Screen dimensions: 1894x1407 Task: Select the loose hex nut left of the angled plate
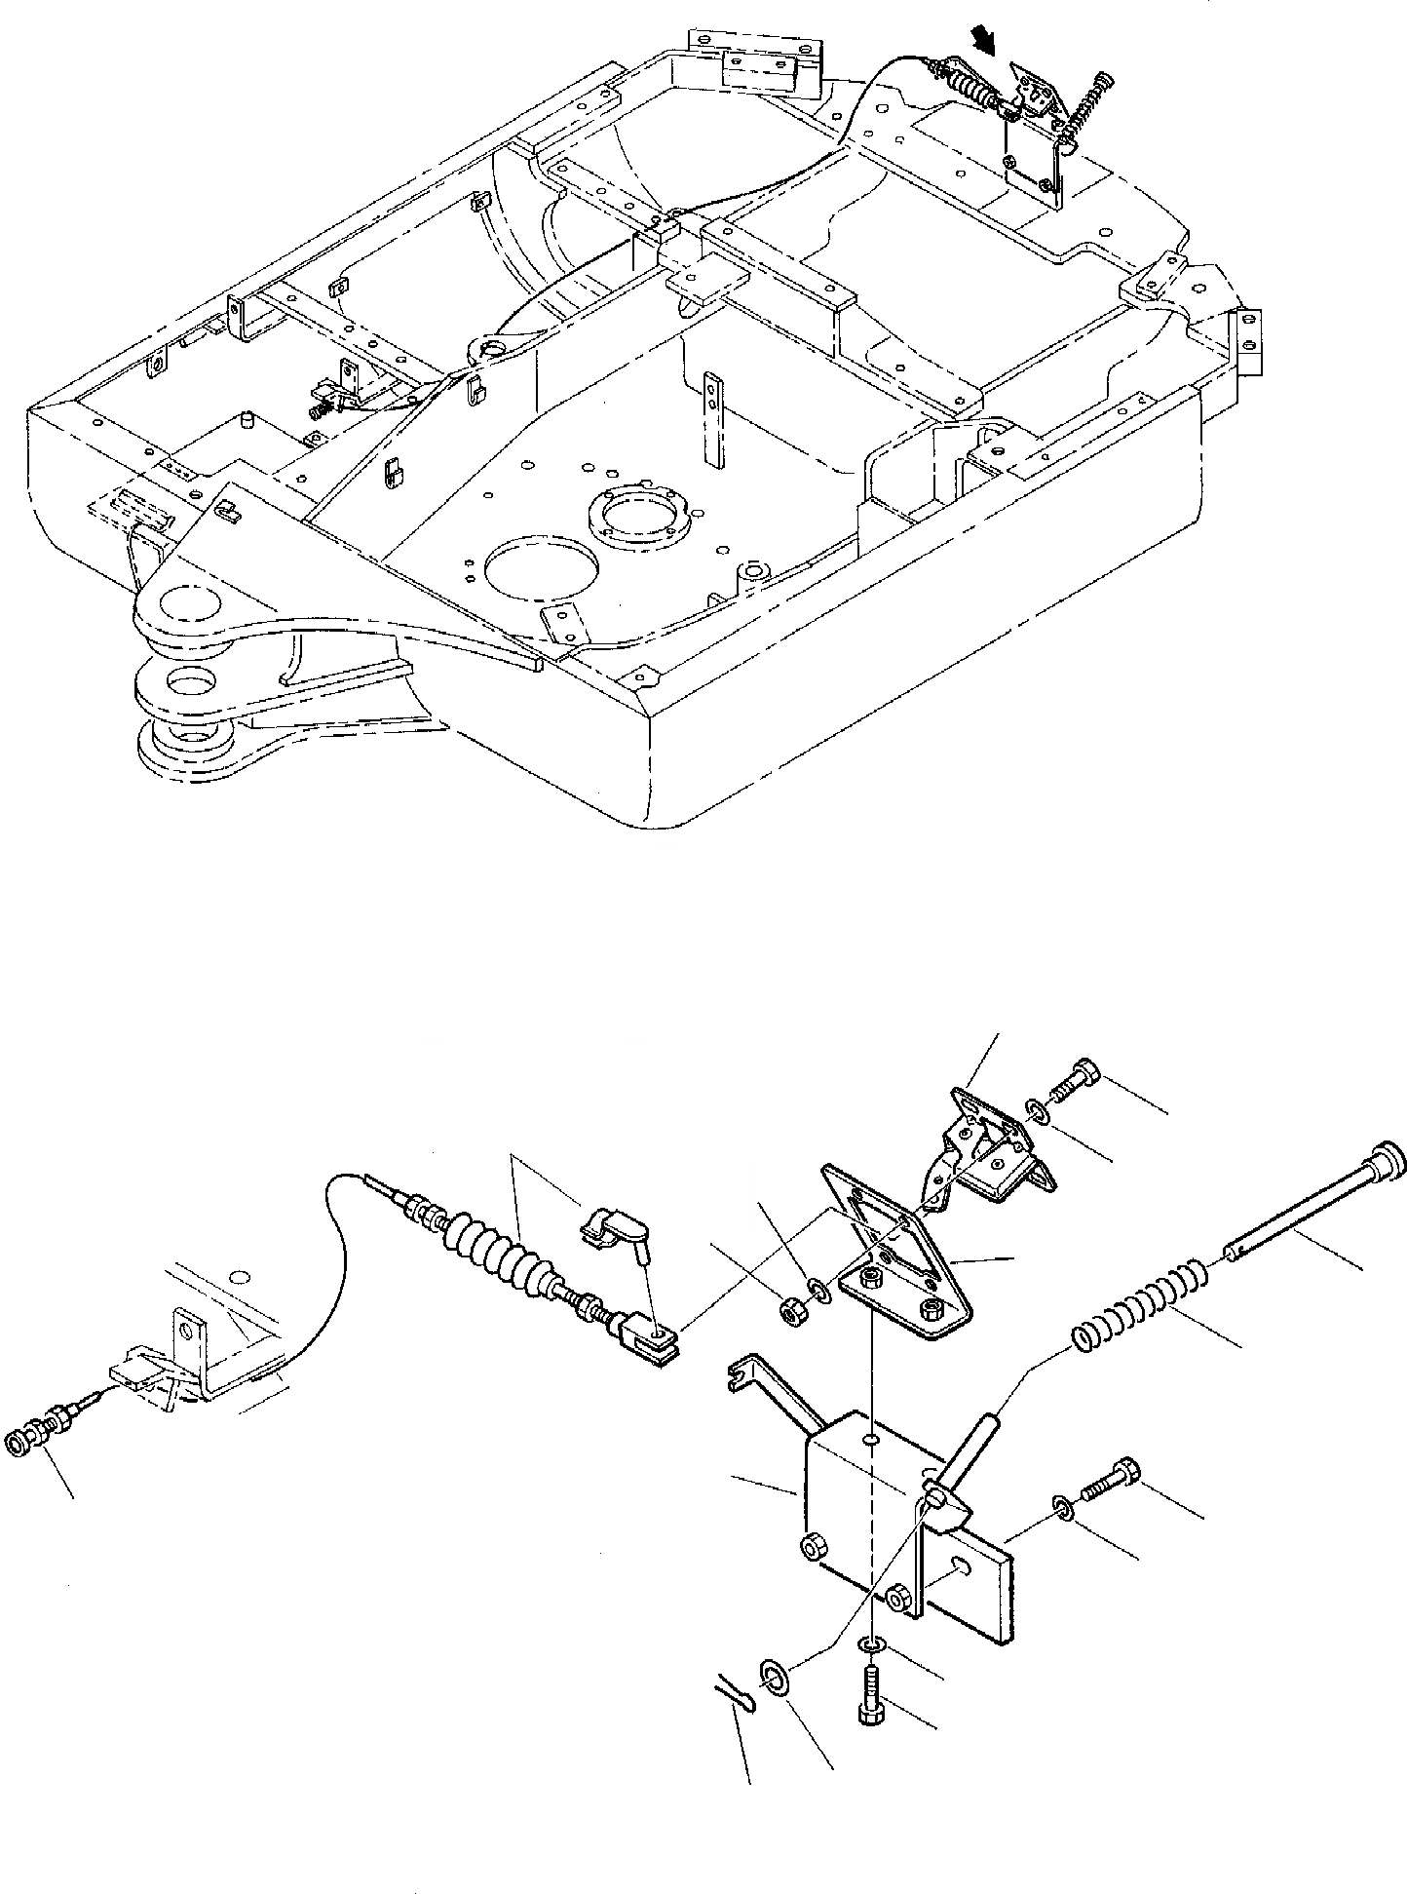791,1313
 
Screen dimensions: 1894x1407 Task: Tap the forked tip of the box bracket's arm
737,1376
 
